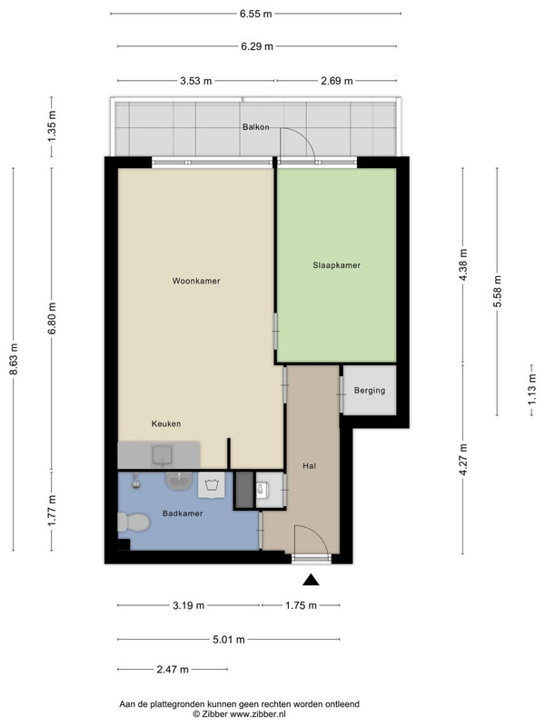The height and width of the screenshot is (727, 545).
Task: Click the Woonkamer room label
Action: (196, 281)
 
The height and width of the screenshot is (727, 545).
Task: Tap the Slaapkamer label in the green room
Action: (336, 265)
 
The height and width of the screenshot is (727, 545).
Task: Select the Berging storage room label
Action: (370, 391)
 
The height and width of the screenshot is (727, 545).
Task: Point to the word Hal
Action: (309, 466)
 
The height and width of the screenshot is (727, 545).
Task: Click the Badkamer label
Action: (183, 513)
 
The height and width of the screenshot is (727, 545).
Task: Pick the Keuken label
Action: (166, 423)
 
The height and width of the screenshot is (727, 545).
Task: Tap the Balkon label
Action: (256, 127)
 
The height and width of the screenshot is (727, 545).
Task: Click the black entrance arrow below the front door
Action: (311, 580)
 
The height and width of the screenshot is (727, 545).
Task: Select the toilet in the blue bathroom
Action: (134, 522)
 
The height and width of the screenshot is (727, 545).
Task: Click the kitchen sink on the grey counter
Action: (162, 455)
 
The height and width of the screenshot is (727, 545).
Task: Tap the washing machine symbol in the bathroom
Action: (212, 485)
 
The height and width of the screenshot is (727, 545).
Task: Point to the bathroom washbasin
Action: (179, 482)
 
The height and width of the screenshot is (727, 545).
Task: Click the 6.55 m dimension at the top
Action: (256, 14)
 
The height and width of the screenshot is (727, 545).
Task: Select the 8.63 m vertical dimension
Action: (14, 359)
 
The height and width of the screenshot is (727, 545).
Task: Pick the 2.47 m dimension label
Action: (173, 669)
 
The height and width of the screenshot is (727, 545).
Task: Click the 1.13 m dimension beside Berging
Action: (531, 390)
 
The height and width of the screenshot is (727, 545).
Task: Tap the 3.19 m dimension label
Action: (189, 605)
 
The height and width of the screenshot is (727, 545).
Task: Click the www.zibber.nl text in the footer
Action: (258, 714)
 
